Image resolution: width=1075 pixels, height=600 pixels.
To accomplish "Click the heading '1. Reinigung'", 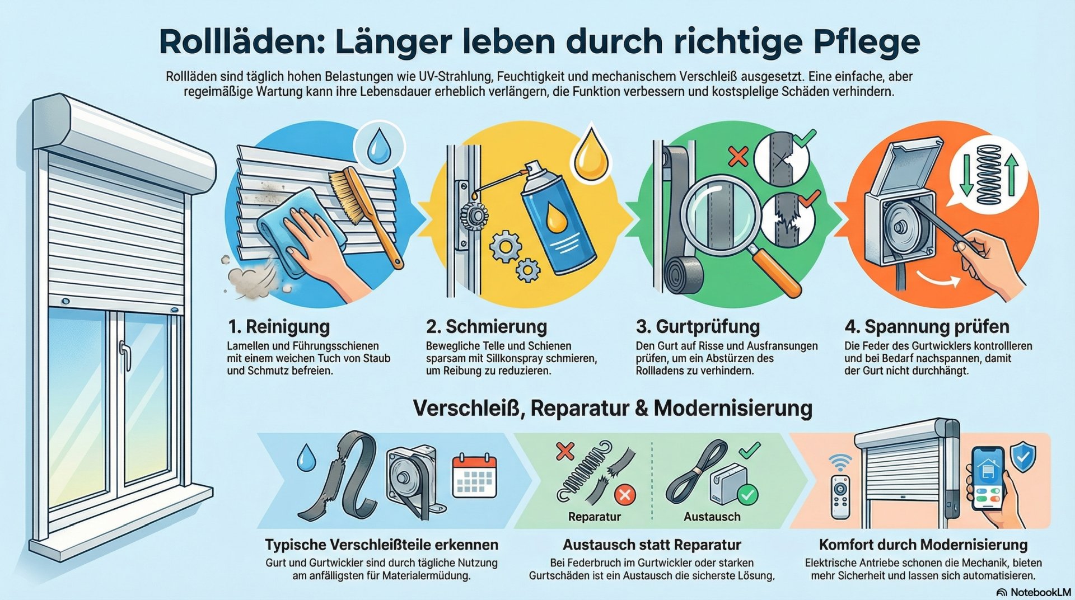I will pyautogui.click(x=278, y=326).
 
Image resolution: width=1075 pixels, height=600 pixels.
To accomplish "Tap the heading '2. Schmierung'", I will pyautogui.click(x=486, y=326).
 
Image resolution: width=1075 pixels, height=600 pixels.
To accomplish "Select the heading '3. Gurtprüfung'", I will pyautogui.click(x=698, y=326).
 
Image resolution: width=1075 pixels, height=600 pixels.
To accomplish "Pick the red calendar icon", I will pyautogui.click(x=474, y=475).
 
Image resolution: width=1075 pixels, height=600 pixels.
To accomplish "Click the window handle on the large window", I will pyautogui.click(x=125, y=355).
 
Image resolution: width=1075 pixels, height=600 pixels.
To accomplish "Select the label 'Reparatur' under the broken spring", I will pyautogui.click(x=594, y=517).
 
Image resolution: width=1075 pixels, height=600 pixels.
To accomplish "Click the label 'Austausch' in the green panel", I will pyautogui.click(x=712, y=517).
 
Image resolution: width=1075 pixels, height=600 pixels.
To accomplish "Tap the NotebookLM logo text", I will pyautogui.click(x=1040, y=592).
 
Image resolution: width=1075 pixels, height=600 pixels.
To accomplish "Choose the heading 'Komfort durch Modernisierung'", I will pyautogui.click(x=923, y=545).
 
